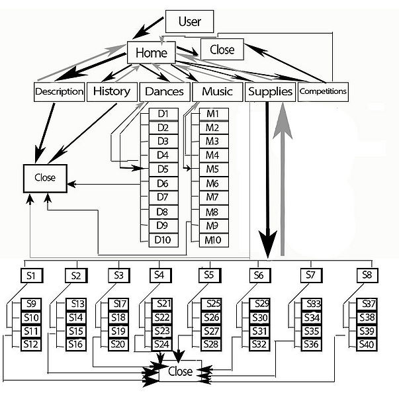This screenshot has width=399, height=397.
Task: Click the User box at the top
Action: click(x=190, y=21)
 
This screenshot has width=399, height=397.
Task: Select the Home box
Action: click(x=151, y=52)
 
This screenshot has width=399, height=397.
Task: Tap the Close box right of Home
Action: click(x=222, y=50)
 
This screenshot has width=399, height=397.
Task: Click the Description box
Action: click(x=60, y=91)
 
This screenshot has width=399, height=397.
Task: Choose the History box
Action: click(x=111, y=91)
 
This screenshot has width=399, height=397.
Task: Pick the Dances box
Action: click(x=164, y=91)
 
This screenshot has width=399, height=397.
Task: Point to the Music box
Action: click(x=217, y=91)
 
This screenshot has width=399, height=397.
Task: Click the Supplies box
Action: click(x=270, y=91)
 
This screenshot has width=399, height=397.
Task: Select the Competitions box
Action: click(x=322, y=91)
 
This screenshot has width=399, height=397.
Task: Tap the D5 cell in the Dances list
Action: click(x=163, y=169)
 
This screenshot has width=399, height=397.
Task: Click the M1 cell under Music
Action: click(x=212, y=114)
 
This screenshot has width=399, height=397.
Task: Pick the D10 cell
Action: click(x=163, y=239)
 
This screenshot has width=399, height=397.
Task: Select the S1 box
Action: click(x=31, y=275)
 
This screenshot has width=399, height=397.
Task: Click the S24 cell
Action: click(x=162, y=344)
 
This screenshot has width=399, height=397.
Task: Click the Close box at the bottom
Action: click(x=179, y=372)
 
